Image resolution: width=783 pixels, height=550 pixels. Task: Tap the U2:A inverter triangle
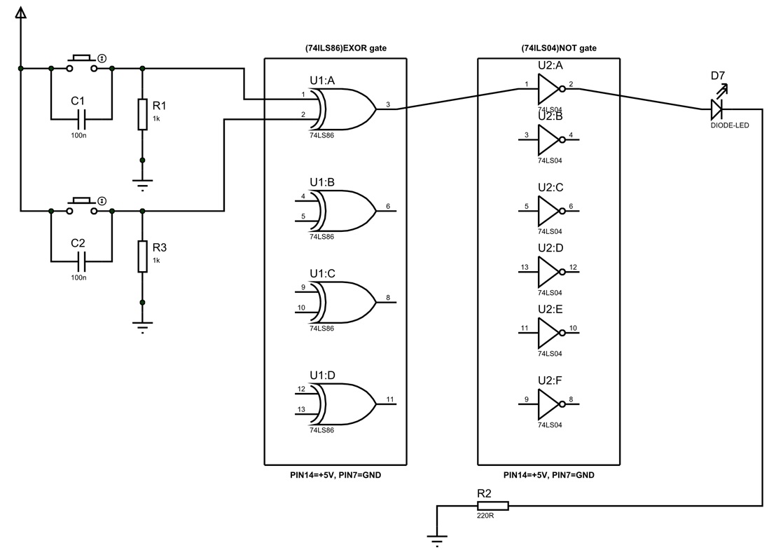click(548, 88)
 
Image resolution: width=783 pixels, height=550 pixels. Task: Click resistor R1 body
click(143, 114)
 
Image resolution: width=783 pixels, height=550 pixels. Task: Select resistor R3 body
click(143, 256)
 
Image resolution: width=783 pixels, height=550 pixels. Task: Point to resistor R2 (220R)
click(493, 505)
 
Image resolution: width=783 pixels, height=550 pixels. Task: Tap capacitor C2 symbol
click(82, 260)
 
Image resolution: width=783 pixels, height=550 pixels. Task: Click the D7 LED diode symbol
click(716, 109)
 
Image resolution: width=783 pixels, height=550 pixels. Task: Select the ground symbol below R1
click(143, 185)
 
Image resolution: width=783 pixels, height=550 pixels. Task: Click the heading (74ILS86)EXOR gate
click(336, 48)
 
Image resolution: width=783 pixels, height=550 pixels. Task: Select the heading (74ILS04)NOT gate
click(550, 48)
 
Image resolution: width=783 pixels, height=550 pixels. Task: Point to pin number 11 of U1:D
click(390, 399)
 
